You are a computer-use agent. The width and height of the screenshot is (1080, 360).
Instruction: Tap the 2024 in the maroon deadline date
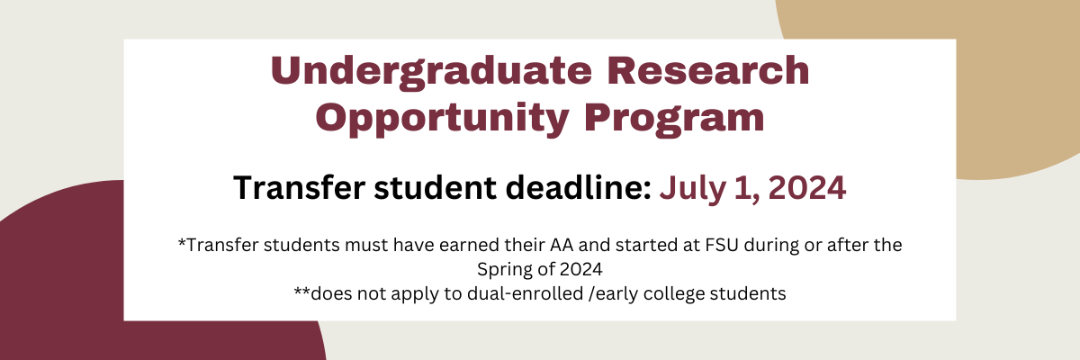pyautogui.click(x=800, y=187)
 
